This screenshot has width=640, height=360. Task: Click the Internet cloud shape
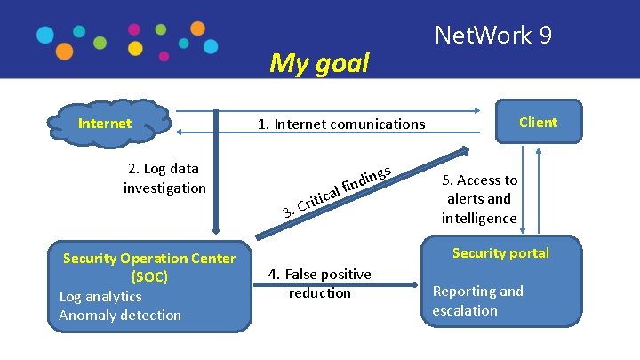point(111,124)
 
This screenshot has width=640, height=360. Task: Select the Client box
point(532,123)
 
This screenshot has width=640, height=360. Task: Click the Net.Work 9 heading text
point(493,36)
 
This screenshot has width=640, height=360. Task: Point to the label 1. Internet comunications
point(341,124)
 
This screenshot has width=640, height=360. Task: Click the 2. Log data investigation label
point(164,178)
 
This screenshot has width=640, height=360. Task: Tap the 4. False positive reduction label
point(320,284)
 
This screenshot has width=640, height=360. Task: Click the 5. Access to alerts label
point(479,199)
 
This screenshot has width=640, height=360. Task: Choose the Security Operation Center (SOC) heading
point(149,268)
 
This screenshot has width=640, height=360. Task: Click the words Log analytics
point(100,296)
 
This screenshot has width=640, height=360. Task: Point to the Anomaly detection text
point(120,315)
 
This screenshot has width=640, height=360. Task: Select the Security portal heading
point(500,253)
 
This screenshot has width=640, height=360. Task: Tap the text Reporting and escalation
point(477,300)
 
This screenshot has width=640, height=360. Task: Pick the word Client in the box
point(538,123)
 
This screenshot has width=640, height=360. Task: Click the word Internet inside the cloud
point(105,124)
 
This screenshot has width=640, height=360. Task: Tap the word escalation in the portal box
point(465,310)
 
